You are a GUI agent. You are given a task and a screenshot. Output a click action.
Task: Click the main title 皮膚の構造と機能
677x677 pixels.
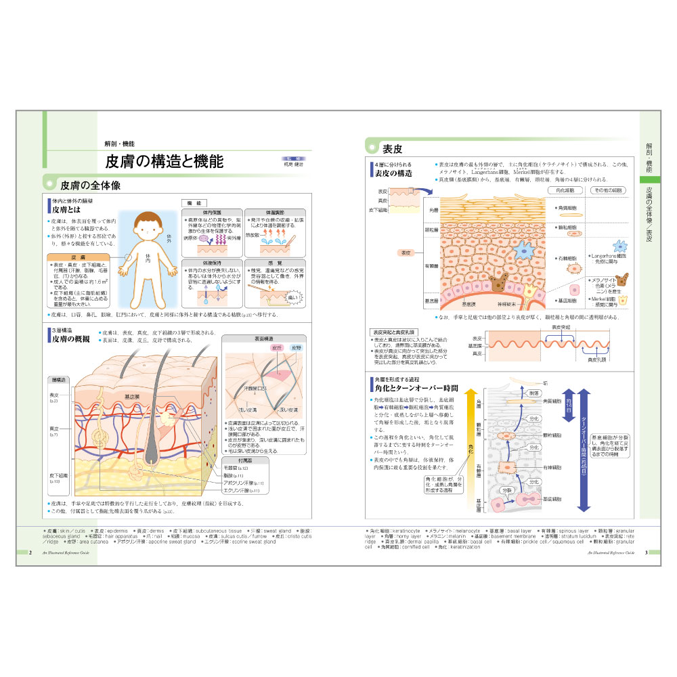[164, 162]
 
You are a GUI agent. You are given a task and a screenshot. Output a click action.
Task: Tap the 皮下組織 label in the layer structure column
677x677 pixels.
[55, 475]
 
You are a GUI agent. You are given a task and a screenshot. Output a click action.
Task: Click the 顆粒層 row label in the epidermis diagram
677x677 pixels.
[431, 230]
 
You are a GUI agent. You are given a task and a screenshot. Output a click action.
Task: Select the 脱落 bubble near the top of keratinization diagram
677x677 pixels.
[534, 393]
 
